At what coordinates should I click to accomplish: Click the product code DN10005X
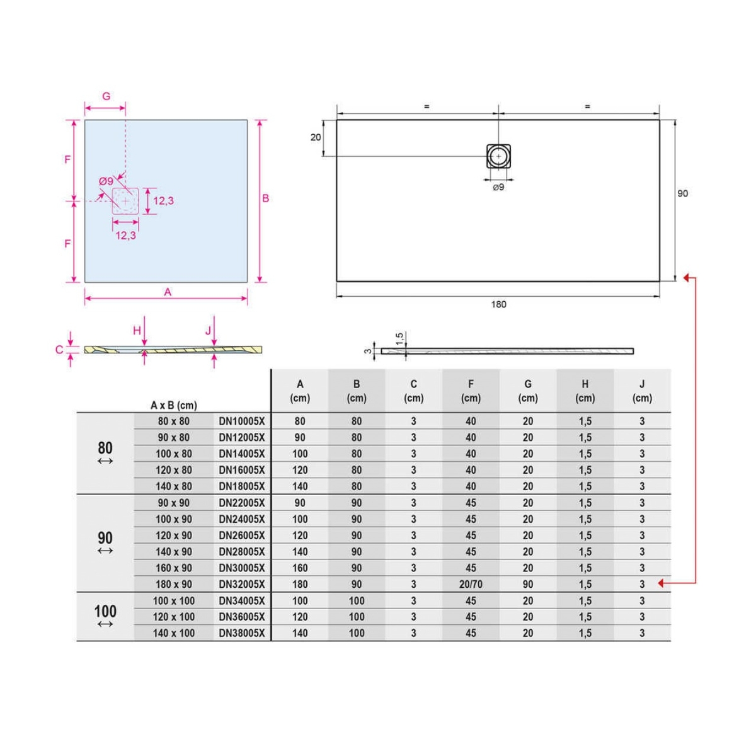point(242,421)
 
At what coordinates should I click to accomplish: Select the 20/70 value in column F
point(471,585)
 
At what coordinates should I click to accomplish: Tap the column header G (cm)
point(528,391)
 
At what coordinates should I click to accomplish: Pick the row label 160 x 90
point(174,568)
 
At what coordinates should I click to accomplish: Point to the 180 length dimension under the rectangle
point(498,304)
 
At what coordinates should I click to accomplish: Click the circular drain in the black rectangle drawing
point(498,156)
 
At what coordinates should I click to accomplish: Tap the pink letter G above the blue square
point(106,96)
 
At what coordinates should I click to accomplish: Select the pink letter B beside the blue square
point(266,198)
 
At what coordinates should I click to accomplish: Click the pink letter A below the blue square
point(168,292)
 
